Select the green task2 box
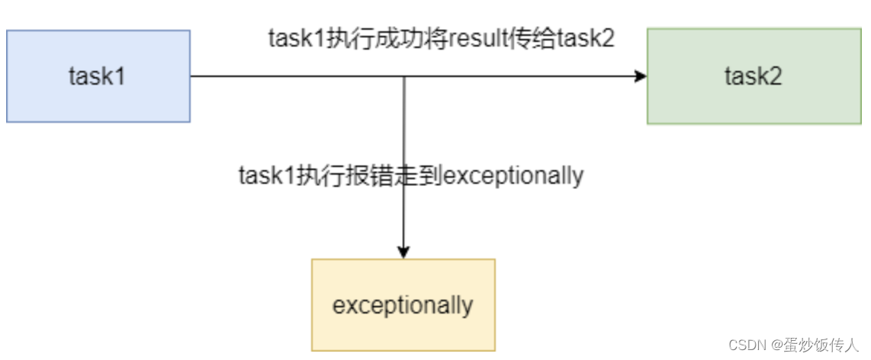coord(754,76)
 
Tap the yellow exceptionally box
coord(403,305)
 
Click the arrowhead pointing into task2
coord(641,76)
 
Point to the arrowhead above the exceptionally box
coord(403,252)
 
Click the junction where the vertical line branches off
coord(403,76)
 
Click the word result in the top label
coord(477,39)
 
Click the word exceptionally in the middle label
coord(513,176)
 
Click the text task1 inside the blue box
coord(97,76)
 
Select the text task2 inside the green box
coord(754,76)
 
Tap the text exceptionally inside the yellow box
coord(403,306)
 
